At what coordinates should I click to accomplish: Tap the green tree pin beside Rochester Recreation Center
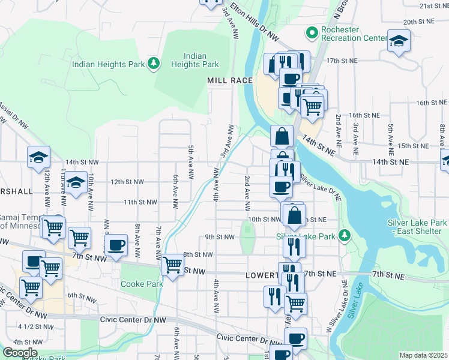click(312, 32)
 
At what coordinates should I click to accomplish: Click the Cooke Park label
click(141, 284)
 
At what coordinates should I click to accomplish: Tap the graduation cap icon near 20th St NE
click(399, 41)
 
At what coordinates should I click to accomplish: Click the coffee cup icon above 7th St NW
click(116, 244)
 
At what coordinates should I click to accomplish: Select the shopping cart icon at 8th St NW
click(173, 263)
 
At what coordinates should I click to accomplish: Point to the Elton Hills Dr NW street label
click(256, 26)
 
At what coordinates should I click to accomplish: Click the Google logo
click(20, 353)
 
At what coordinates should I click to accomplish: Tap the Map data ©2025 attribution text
click(423, 355)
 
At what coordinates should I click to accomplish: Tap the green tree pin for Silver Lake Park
click(344, 234)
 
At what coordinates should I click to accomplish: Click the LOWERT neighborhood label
click(261, 275)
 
